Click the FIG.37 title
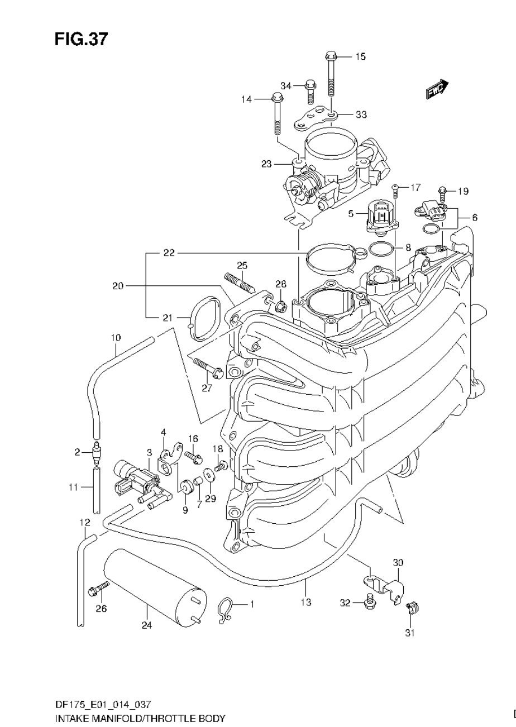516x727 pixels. point(81,39)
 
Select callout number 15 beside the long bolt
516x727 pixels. point(360,56)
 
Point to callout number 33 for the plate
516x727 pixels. point(361,114)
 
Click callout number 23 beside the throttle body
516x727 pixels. point(266,164)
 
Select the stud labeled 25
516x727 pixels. point(239,283)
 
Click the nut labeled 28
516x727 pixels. point(280,305)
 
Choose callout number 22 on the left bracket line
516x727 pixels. point(169,253)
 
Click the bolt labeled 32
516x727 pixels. point(369,602)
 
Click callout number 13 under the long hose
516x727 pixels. point(305,602)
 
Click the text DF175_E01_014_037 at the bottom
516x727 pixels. point(103,704)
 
